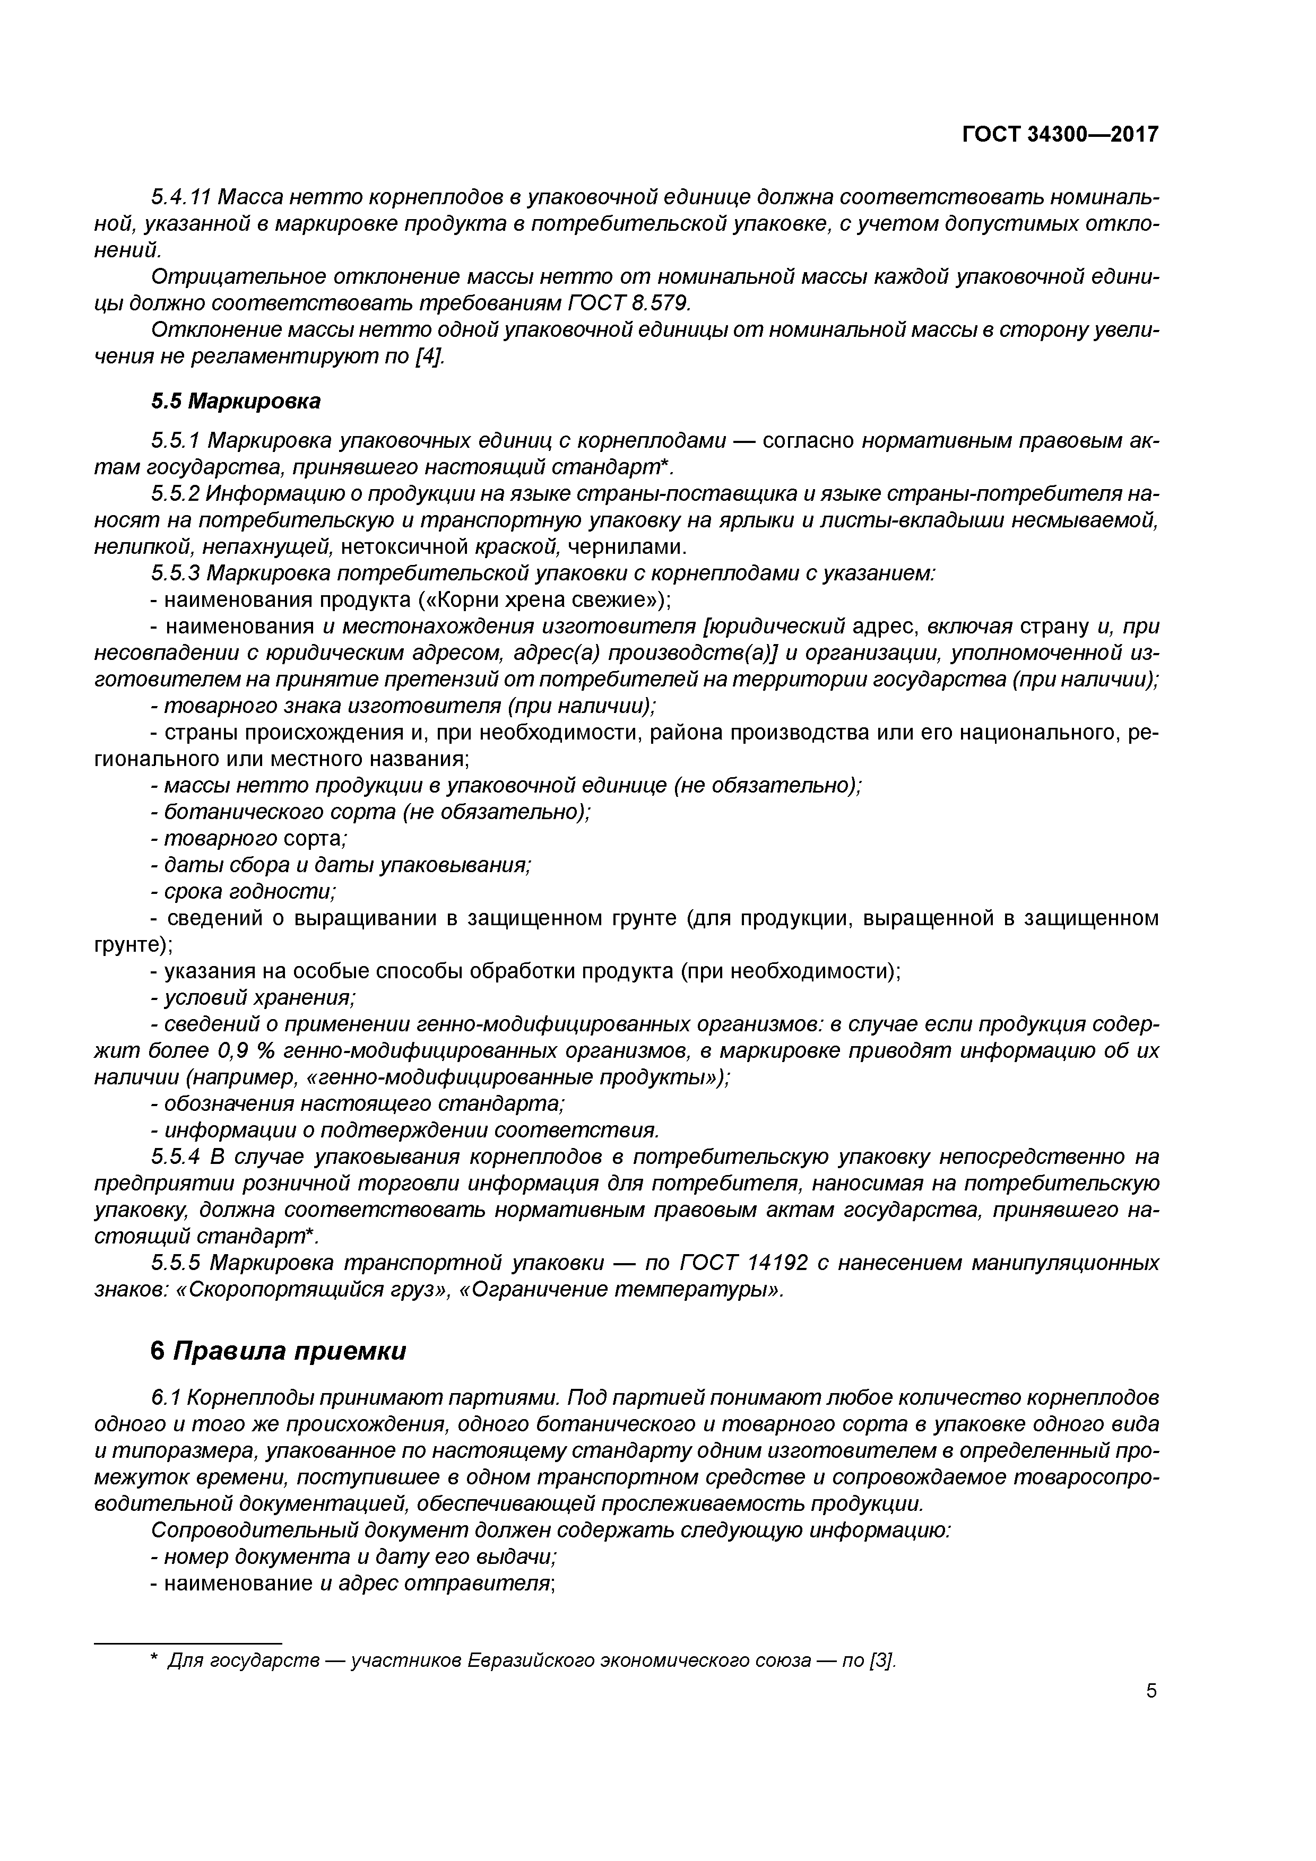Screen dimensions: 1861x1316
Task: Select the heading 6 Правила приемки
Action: pos(278,1351)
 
